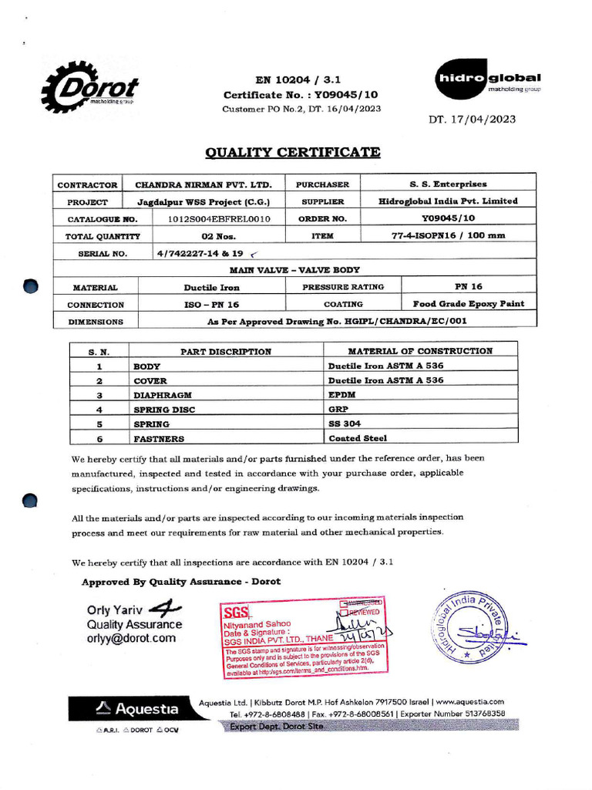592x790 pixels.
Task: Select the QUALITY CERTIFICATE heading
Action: pos(293,152)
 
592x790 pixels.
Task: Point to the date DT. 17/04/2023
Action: pos(473,119)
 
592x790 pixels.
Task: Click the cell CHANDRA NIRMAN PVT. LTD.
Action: pos(203,185)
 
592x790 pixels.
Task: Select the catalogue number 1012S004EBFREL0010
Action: pos(220,219)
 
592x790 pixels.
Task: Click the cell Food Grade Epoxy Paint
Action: pos(468,304)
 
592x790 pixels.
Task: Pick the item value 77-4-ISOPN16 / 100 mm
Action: pos(448,236)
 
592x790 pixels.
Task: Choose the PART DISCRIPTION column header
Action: pos(226,352)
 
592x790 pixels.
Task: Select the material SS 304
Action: pos(345,424)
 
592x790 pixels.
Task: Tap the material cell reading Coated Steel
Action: pos(358,439)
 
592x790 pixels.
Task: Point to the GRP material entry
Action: pos(338,410)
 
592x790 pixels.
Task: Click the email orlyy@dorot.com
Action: pos(131,638)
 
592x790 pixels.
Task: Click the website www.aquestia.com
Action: pos(469,702)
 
